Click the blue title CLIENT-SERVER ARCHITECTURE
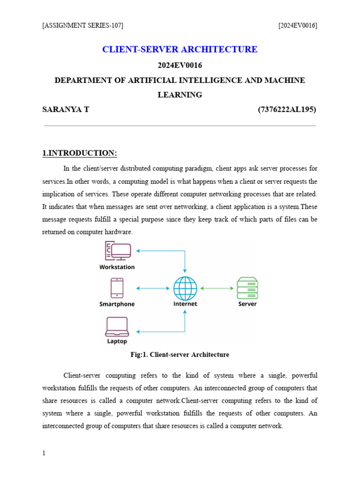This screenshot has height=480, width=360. (x=180, y=49)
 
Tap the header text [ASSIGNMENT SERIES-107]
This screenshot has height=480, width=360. (x=82, y=25)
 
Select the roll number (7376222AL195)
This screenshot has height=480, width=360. (x=287, y=110)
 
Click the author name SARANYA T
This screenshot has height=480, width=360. (x=66, y=110)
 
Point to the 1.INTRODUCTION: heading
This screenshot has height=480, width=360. (x=80, y=153)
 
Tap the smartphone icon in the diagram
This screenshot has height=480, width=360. (x=117, y=288)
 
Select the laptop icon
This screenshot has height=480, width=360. (x=117, y=327)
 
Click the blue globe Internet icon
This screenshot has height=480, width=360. (x=185, y=288)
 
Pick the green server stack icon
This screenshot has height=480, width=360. (x=247, y=288)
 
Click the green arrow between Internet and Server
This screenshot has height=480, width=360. (x=217, y=288)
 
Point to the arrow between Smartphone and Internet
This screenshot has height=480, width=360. (x=152, y=288)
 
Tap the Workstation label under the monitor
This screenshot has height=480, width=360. (x=117, y=267)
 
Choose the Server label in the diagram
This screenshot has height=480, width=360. (x=247, y=304)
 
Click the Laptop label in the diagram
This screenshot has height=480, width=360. (x=117, y=342)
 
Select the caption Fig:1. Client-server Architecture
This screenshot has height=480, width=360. (x=180, y=355)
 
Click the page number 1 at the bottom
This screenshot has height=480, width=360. (x=44, y=453)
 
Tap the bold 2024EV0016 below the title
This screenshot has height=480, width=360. (x=180, y=65)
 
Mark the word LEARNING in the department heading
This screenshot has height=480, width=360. (x=180, y=95)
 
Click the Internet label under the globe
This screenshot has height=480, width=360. (x=185, y=304)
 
